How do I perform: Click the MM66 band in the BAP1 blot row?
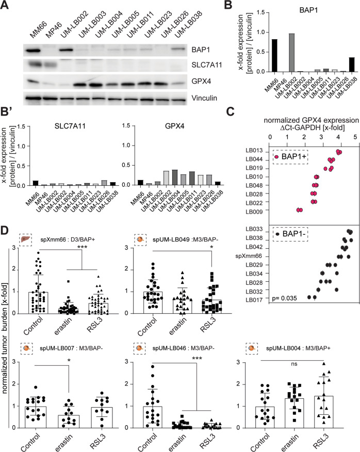tap(34, 51)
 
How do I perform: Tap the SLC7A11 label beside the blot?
tap(200, 67)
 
